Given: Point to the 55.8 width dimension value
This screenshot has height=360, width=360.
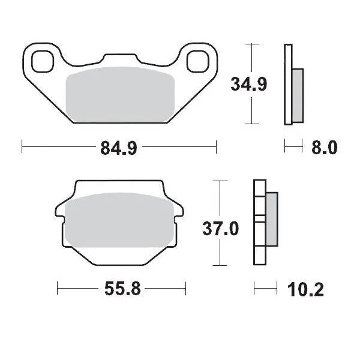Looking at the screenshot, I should click(x=123, y=290).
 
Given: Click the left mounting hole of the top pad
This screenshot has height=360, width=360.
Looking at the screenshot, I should click(x=43, y=61).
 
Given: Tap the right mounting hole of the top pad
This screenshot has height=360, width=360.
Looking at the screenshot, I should click(x=198, y=61).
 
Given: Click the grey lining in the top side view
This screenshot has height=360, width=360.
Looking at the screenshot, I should click(x=298, y=94).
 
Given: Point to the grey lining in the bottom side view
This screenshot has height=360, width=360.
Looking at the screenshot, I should click(x=271, y=219).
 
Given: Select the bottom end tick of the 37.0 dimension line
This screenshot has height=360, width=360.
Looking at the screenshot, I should click(x=221, y=265).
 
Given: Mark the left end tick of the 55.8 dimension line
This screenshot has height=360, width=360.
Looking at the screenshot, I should click(x=57, y=289).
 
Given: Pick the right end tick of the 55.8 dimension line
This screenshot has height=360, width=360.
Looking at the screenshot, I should click(x=185, y=289).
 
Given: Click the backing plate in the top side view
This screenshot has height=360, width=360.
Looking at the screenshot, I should click(x=288, y=84).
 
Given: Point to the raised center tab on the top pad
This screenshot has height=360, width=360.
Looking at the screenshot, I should click(x=120, y=58).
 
